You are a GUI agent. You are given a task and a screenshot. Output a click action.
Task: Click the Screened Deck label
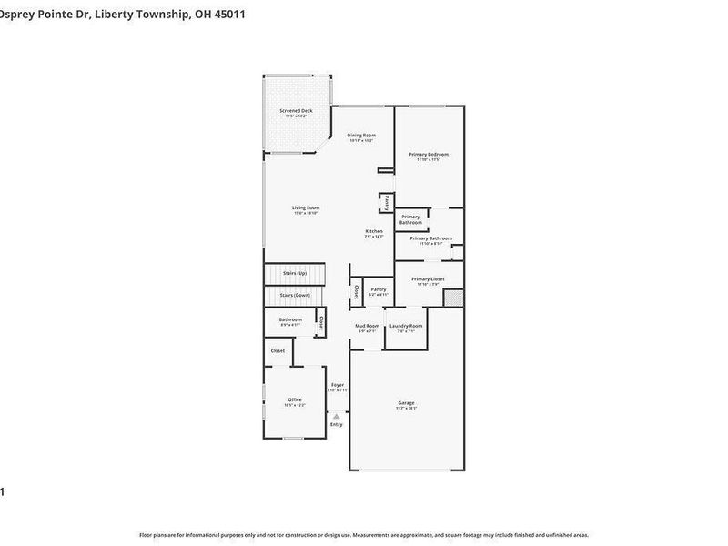(296, 110)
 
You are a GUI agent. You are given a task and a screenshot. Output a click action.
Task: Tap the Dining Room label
(362, 135)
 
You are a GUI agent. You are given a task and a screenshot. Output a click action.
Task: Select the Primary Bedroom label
(428, 154)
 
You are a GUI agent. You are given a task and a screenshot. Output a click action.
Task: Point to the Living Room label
(306, 207)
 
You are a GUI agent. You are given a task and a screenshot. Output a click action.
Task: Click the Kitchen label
(374, 231)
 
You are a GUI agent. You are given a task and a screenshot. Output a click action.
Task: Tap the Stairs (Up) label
(295, 272)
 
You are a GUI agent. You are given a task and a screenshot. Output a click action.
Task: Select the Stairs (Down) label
(295, 295)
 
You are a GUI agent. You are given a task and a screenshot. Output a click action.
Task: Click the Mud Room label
(368, 325)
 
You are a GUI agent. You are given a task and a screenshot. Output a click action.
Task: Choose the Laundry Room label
(406, 325)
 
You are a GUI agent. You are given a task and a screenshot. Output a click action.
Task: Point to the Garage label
(406, 402)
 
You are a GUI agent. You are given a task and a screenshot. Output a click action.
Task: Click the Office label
(295, 399)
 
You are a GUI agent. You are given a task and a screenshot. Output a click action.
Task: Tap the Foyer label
(338, 385)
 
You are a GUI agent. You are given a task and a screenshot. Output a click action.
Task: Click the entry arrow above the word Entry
(337, 415)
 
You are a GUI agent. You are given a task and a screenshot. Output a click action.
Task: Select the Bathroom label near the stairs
(290, 318)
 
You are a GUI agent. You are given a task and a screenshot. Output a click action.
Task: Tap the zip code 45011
(229, 15)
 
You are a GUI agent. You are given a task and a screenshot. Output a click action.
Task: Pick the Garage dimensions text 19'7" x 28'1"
(406, 409)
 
